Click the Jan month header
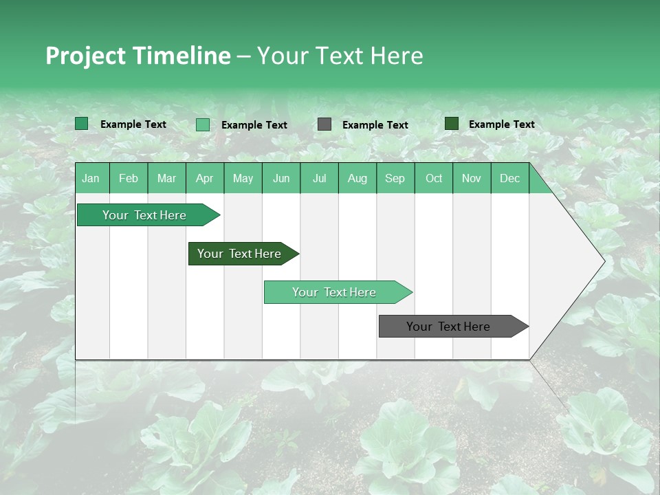pyautogui.click(x=91, y=179)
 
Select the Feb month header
pyautogui.click(x=129, y=179)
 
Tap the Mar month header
pyautogui.click(x=166, y=179)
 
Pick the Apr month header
pyautogui.click(x=205, y=179)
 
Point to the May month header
pyautogui.click(x=243, y=179)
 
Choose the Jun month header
pyautogui.click(x=281, y=179)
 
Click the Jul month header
pyautogui.click(x=319, y=179)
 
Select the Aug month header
pyautogui.click(x=357, y=179)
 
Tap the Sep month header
pyautogui.click(x=395, y=179)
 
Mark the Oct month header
pyautogui.click(x=434, y=179)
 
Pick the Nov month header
pyautogui.click(x=472, y=179)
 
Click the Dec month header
pyautogui.click(x=510, y=179)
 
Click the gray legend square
pyautogui.click(x=324, y=124)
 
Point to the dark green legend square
pyautogui.click(x=452, y=124)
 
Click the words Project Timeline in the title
pyautogui.click(x=138, y=56)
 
